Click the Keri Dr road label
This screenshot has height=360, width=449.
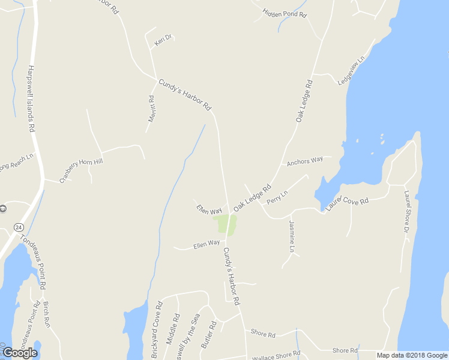point(163,40)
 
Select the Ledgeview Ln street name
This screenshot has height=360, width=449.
point(351,71)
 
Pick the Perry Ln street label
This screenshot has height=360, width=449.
point(277,196)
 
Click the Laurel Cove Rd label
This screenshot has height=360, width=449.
point(347,202)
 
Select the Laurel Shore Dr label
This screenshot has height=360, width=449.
point(406,212)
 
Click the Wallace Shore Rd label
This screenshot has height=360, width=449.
point(276,355)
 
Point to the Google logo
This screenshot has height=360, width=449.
point(19,353)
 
